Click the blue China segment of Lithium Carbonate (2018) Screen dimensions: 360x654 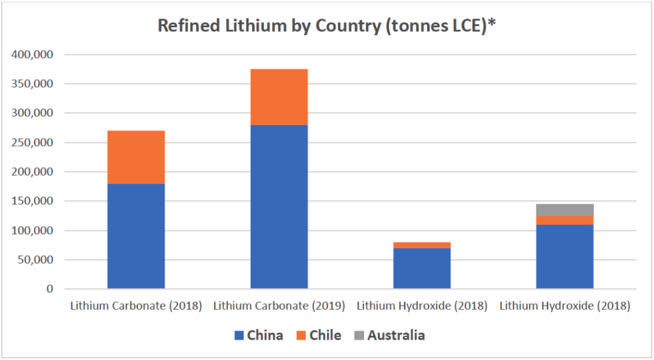[136, 236]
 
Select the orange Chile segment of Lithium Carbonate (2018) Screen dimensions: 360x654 [136, 157]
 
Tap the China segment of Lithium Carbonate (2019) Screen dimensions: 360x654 [279, 207]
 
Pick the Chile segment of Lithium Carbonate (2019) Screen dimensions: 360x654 [279, 97]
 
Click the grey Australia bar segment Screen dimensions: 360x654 [565, 210]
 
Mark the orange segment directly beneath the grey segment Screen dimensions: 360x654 [565, 220]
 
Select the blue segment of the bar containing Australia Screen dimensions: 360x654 [565, 257]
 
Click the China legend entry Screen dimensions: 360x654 [259, 335]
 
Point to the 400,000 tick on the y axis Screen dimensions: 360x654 [33, 55]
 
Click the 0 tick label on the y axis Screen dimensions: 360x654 [49, 289]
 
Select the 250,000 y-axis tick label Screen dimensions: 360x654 [33, 142]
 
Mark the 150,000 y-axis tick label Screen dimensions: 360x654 [33, 201]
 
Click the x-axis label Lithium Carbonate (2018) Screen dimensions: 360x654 [135, 306]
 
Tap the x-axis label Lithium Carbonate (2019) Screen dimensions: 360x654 [279, 306]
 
